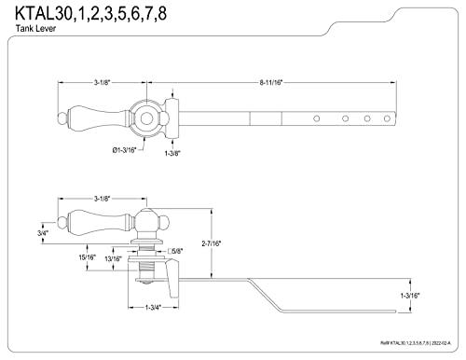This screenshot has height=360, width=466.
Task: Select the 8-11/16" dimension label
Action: point(272,83)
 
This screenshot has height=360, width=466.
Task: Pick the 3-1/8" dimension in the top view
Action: point(102,83)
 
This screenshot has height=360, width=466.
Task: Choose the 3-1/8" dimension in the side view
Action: point(102,199)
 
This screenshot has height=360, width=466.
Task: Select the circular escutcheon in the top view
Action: point(145,118)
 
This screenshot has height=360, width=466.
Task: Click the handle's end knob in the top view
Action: point(62,118)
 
